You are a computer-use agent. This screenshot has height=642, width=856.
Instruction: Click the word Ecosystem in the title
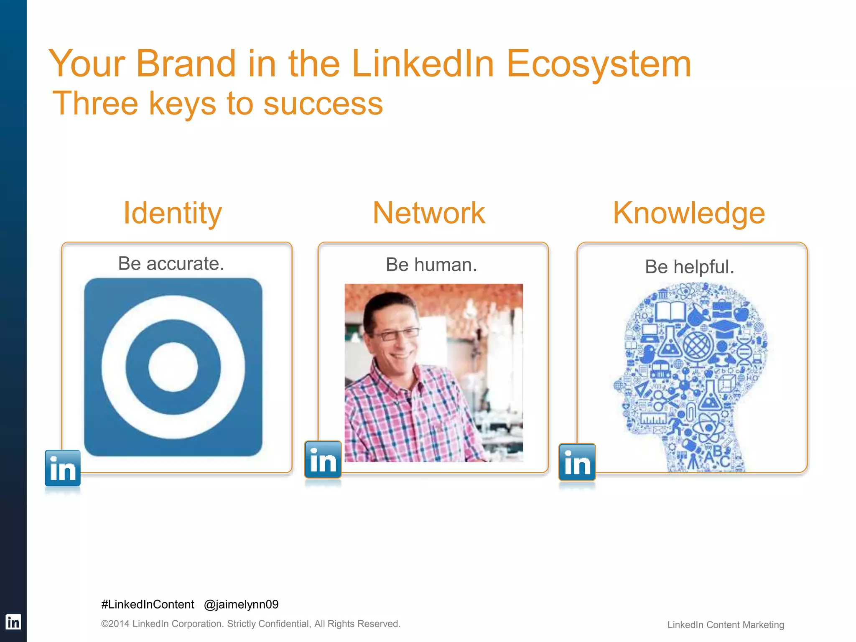click(x=599, y=64)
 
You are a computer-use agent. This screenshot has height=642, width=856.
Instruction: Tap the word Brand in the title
click(x=186, y=64)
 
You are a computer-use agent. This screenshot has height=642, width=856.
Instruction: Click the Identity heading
click(x=172, y=213)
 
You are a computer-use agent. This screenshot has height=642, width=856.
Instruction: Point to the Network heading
click(x=429, y=213)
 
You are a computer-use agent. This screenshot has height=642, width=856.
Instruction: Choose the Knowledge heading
click(x=689, y=213)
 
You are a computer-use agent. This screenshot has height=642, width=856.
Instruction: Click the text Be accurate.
click(x=171, y=264)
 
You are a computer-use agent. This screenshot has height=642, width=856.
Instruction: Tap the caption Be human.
click(x=431, y=265)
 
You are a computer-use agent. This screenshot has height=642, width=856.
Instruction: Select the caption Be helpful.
click(x=690, y=267)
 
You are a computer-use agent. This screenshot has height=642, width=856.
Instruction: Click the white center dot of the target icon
click(x=173, y=367)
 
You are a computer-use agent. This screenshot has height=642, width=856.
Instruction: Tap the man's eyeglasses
click(x=397, y=334)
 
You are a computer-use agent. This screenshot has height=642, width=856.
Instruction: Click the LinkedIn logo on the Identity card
click(x=63, y=468)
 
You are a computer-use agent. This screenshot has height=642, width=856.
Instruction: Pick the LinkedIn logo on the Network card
click(x=323, y=459)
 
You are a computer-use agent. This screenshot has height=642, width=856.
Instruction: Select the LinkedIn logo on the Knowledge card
click(x=577, y=462)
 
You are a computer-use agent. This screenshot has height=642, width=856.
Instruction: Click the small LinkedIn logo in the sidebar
click(x=13, y=622)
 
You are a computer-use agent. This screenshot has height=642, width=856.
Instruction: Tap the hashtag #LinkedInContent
click(x=148, y=604)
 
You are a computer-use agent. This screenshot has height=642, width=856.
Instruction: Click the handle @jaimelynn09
click(x=241, y=604)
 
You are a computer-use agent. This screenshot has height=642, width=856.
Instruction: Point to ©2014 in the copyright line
click(x=115, y=624)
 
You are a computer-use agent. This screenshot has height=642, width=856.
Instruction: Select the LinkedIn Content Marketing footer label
click(x=726, y=625)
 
